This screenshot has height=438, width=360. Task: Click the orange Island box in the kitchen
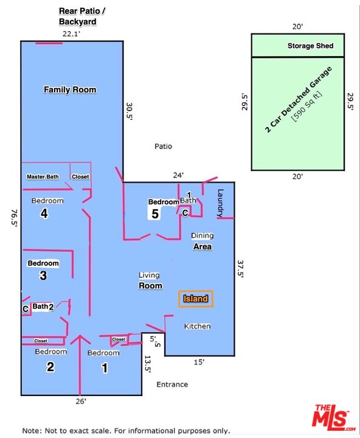coord(196,299)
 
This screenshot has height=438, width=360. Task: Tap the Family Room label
coord(70,89)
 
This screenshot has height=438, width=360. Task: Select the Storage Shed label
coord(311,46)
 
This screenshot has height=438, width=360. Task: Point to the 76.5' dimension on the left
coord(14,218)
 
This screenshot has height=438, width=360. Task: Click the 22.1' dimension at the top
coord(72,34)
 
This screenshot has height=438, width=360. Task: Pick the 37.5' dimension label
coord(240,269)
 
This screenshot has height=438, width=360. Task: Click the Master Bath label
coord(43,177)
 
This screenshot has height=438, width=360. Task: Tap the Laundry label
coord(220,203)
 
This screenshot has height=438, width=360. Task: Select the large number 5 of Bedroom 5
coord(155,214)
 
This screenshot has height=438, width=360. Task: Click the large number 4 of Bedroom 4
coord(44,214)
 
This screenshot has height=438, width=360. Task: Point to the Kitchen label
coord(198,326)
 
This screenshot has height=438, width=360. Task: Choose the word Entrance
coord(172,384)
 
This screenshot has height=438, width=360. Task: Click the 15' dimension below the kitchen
coord(199,363)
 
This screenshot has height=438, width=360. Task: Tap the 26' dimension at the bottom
coord(81,401)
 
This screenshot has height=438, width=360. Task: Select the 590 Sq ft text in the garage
coord(306,106)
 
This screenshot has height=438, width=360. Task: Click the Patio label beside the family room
coord(164,147)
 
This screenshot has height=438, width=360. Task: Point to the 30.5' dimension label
coord(129,111)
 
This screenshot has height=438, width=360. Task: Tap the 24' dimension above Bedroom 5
coord(178,175)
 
